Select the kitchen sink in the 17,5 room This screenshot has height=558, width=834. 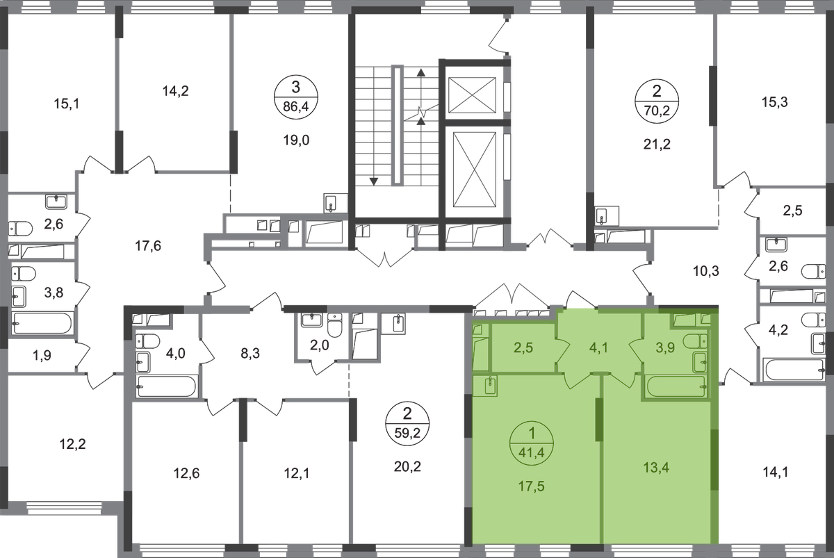pos(489,385)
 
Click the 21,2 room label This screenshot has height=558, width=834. pos(654,145)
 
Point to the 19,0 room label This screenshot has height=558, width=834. pos(295,139)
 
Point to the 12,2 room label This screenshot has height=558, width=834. pos(71,443)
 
